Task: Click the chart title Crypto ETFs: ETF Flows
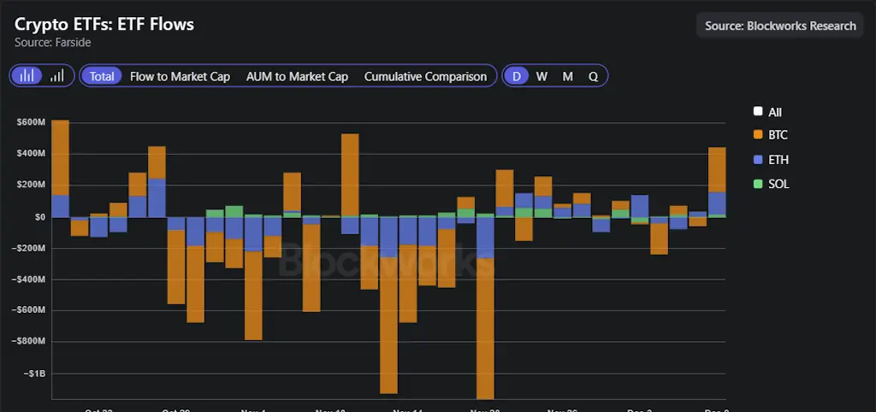(x=104, y=24)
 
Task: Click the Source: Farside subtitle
(x=53, y=42)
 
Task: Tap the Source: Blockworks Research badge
(x=780, y=26)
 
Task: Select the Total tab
(x=102, y=76)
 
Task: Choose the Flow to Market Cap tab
(x=180, y=76)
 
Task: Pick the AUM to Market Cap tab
(x=297, y=76)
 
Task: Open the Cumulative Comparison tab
(x=425, y=76)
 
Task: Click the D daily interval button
(x=516, y=76)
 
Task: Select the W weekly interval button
(x=542, y=76)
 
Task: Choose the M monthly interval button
(x=567, y=76)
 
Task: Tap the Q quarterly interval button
(x=593, y=76)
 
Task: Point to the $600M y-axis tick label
(x=30, y=122)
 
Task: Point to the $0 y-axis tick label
(x=39, y=217)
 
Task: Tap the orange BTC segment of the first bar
(x=60, y=157)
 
